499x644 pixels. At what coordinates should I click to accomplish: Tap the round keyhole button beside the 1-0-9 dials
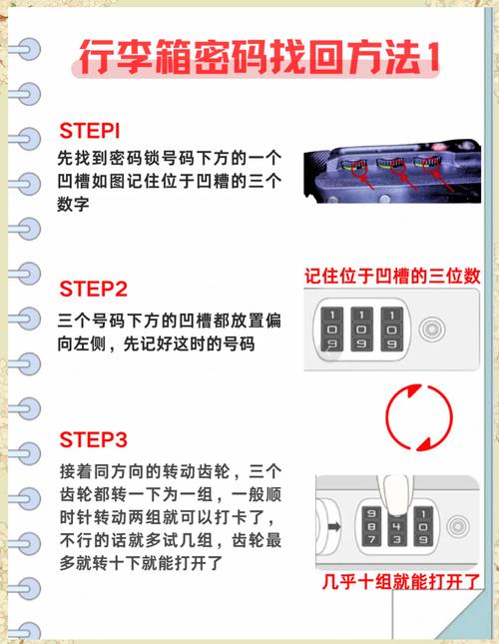pos(430,327)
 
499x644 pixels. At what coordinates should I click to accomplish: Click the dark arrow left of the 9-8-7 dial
pos(328,527)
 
